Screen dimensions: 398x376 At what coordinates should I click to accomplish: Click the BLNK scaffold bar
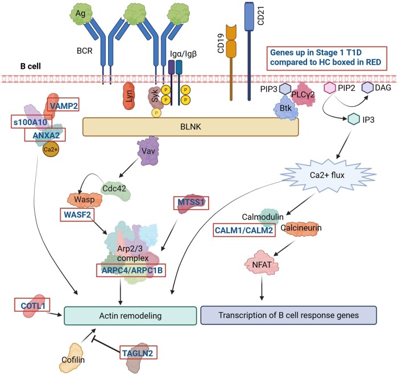[x=190, y=127]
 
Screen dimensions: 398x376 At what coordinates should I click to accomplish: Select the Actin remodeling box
[x=130, y=316]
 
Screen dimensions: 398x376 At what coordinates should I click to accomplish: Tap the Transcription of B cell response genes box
[x=289, y=315]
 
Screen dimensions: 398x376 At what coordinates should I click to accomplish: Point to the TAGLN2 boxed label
[x=138, y=352]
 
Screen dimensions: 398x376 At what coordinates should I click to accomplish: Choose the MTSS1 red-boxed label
[x=191, y=203]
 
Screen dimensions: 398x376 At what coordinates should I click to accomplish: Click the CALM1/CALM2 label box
[x=244, y=230]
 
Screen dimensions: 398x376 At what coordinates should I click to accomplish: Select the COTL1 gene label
[x=32, y=305]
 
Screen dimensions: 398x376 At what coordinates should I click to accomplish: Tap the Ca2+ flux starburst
[x=327, y=175]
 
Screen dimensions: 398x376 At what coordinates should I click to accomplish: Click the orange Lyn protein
[x=129, y=96]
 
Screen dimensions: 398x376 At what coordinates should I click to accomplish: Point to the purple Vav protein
[x=148, y=151]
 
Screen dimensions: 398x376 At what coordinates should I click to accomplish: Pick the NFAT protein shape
[x=262, y=265]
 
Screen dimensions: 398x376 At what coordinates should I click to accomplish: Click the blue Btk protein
[x=285, y=109]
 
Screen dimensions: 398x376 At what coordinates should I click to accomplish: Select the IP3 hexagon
[x=354, y=119]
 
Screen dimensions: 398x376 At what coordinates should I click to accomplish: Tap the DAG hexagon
[x=368, y=88]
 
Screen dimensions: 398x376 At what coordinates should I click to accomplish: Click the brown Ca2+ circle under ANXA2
[x=51, y=149]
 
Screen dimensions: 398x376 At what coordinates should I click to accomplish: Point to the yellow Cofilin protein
[x=72, y=358]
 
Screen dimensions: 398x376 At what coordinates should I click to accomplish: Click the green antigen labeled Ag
[x=81, y=13]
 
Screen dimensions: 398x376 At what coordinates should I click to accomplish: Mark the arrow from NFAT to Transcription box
[x=262, y=288]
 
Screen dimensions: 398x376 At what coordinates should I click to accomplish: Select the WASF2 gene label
[x=77, y=215]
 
